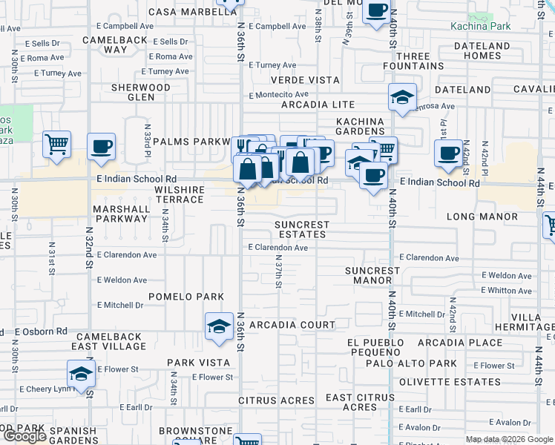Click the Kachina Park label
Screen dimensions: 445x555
click(511, 26)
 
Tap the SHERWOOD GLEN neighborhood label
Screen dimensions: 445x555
click(140, 92)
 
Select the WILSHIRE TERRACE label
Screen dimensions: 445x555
click(179, 195)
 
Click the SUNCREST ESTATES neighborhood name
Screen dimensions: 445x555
click(301, 229)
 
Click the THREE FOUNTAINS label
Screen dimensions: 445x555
click(413, 61)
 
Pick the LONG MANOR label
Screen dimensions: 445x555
click(482, 217)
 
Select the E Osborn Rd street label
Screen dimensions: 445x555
click(41, 332)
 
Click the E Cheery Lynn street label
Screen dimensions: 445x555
click(46, 389)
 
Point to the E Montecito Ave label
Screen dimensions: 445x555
click(278, 95)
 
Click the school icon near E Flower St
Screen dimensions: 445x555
click(81, 373)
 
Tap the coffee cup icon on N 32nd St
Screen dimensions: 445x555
click(101, 146)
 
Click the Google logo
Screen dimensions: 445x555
click(24, 436)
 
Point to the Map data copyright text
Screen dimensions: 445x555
click(509, 439)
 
